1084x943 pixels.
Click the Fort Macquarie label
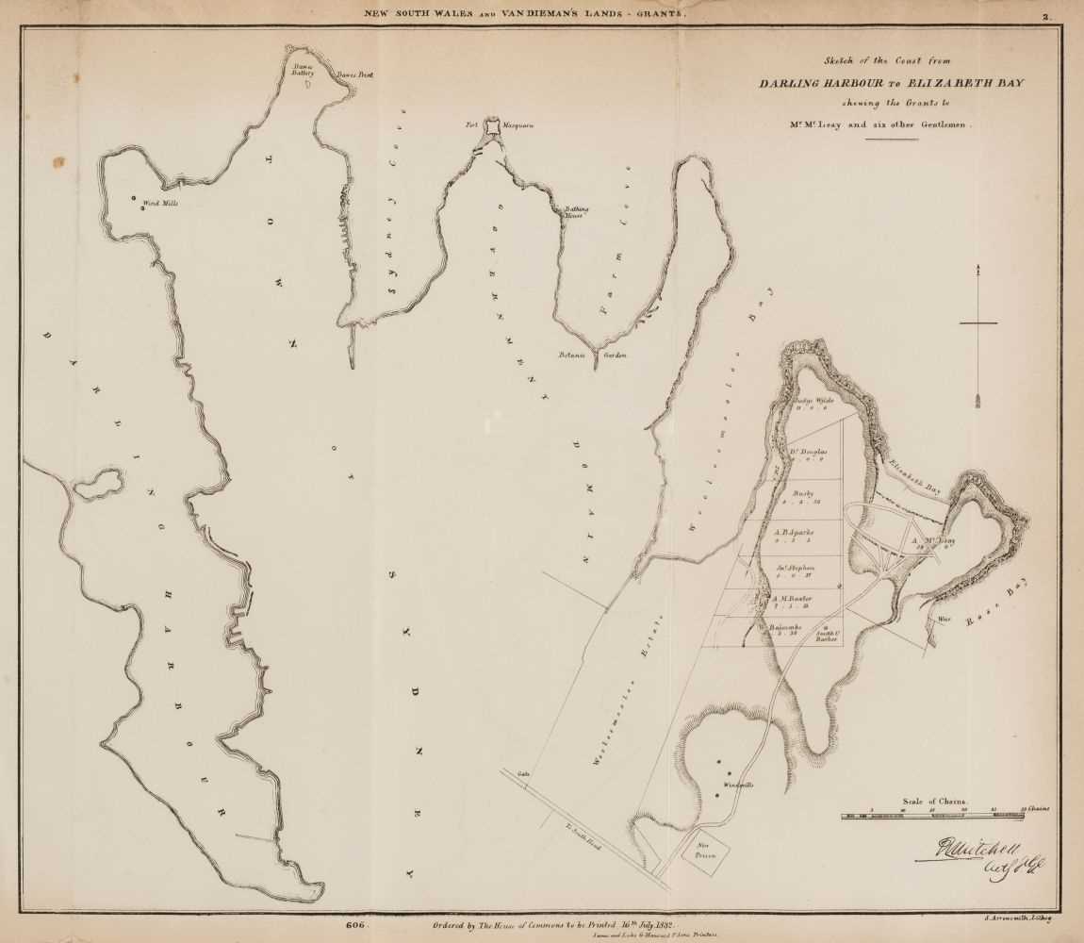485,124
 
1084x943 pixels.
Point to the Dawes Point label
355,74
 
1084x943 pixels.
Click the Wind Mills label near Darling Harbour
159,203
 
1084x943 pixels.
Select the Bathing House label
577,210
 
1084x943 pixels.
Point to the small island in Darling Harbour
99,485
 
